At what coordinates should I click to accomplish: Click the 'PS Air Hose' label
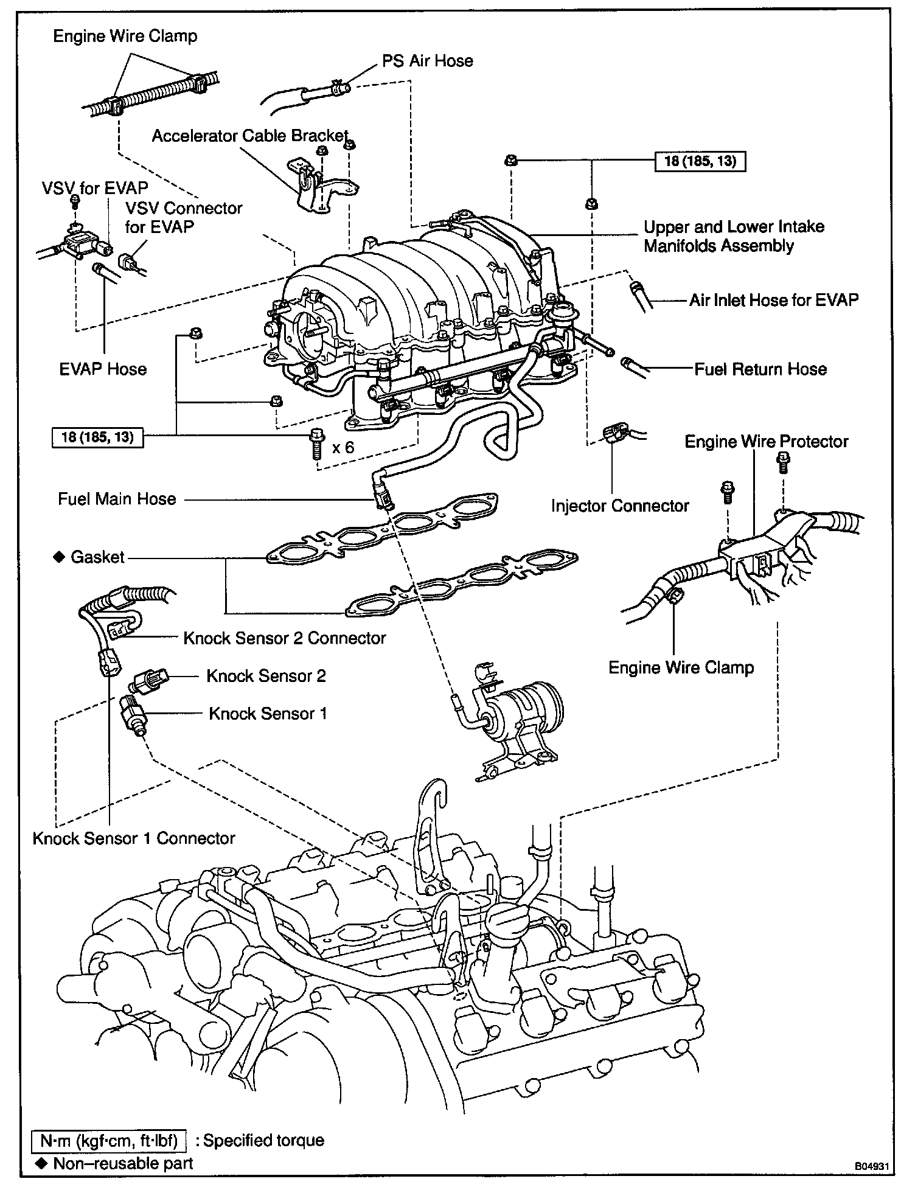coord(427,61)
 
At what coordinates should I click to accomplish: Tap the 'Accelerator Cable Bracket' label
coord(250,136)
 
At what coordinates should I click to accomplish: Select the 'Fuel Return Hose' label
coord(760,369)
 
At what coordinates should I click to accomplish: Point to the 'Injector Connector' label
coord(619,506)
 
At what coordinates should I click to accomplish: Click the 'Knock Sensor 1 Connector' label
coord(134,838)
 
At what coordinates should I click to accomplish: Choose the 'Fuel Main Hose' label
coord(117,499)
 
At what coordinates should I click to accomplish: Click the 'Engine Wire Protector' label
coord(766,441)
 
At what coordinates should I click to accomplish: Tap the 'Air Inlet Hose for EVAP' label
coord(773,299)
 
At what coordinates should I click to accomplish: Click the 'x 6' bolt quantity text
coord(343,447)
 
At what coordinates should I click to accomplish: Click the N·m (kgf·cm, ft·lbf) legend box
coord(110,1141)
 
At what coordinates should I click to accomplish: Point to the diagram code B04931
coord(872,1167)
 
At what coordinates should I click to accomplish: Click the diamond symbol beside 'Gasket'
coord(59,557)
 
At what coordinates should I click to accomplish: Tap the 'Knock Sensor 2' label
coord(266,676)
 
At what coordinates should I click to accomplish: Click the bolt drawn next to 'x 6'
coord(316,442)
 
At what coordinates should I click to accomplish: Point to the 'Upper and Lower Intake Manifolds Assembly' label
coord(734,236)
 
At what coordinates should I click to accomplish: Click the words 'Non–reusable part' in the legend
coord(123,1163)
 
